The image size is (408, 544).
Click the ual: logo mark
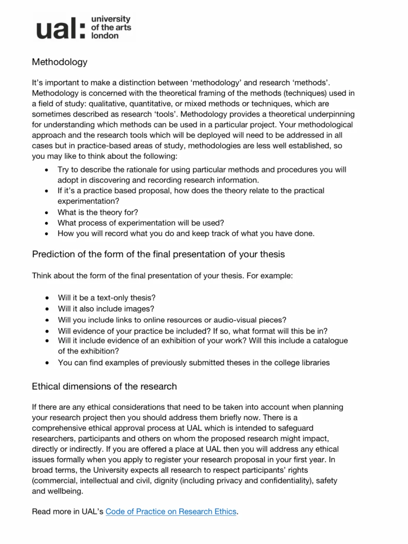[60, 28]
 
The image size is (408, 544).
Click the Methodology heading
[60, 62]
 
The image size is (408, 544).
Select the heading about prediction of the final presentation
[158, 254]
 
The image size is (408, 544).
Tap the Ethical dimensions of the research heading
[104, 386]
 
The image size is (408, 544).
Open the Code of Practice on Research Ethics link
[171, 511]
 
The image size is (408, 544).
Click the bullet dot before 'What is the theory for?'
[46, 213]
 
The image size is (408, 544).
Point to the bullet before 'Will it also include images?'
[47, 309]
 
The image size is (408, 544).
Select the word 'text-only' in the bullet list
[113, 298]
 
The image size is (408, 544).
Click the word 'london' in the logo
[105, 36]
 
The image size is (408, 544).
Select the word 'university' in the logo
[111, 19]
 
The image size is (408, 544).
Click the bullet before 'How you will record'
[46, 234]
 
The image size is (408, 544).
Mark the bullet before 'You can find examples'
[47, 363]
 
